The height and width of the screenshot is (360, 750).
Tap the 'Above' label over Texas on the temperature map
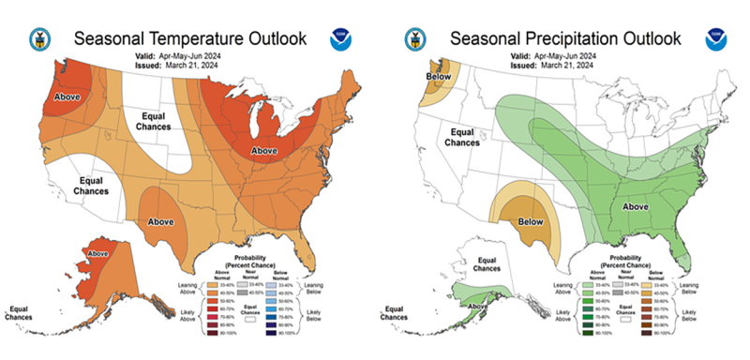(x=158, y=221)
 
